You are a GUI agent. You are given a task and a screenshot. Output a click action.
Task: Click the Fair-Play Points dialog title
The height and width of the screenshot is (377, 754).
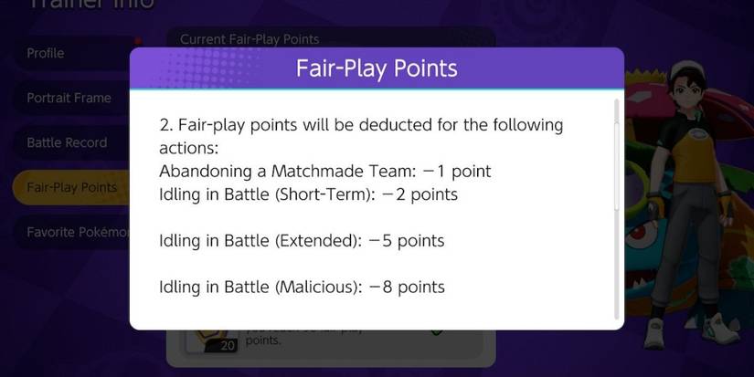pos(377,68)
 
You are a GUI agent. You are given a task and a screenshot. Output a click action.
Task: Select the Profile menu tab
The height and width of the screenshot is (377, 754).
pos(46,53)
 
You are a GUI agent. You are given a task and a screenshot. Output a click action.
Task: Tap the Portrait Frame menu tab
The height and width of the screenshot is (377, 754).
pos(69,98)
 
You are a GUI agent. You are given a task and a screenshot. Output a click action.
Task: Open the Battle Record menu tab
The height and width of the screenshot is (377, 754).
pos(67,142)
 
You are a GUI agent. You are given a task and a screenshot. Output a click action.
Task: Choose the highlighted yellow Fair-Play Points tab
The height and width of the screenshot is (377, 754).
pos(71,187)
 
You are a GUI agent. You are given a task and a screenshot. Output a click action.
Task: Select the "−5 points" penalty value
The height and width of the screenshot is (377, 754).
pos(407,241)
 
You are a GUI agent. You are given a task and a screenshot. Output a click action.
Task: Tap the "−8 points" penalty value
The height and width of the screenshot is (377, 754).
pos(407,287)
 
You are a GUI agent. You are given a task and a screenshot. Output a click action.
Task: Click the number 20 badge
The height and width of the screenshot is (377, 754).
pos(228,345)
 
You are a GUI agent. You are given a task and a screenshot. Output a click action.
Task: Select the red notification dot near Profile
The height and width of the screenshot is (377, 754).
pos(137,41)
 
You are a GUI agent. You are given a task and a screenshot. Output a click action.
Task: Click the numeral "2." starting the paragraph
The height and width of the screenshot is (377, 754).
pos(165,124)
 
